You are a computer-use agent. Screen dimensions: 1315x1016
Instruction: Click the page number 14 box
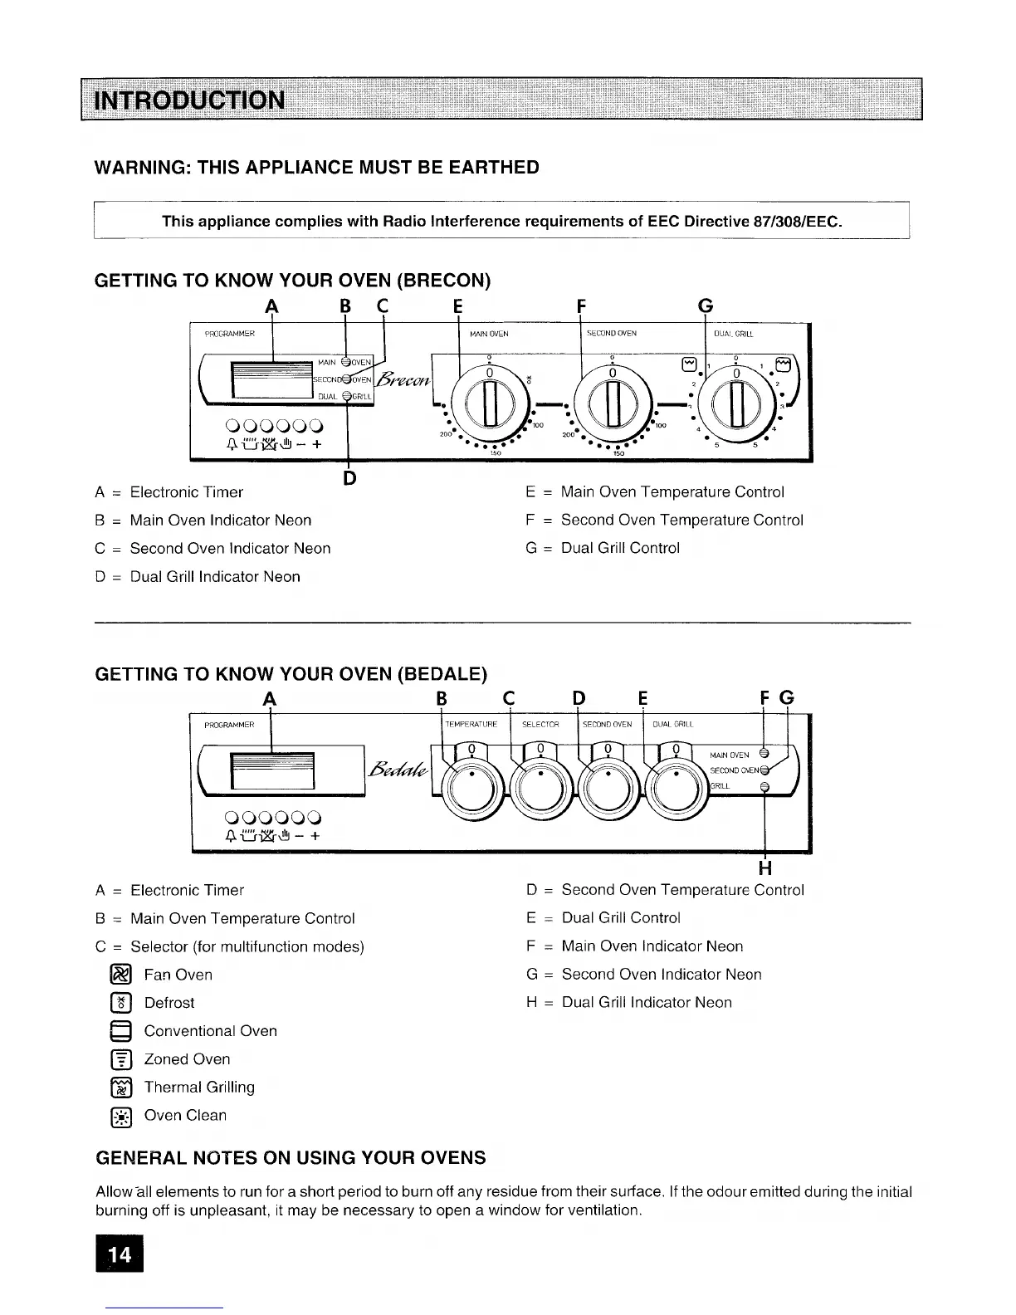point(120,1254)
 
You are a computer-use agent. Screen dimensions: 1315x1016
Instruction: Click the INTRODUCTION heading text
point(191,100)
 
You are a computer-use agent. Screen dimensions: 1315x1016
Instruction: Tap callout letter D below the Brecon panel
point(349,478)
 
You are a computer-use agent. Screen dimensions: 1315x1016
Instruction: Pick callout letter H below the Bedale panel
point(765,868)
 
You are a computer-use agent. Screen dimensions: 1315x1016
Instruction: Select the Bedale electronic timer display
point(272,771)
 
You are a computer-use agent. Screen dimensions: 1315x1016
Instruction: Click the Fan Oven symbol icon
point(120,975)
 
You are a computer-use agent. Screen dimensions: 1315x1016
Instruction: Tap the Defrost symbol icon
point(120,1003)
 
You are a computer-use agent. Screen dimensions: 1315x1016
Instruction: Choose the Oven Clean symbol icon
point(120,1116)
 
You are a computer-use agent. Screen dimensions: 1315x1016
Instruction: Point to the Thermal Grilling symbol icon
point(120,1088)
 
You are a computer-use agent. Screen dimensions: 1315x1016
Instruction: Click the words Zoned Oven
point(187,1059)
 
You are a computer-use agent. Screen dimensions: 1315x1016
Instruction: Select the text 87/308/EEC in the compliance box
point(797,221)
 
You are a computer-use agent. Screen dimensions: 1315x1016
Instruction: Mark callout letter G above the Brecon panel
point(705,306)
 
